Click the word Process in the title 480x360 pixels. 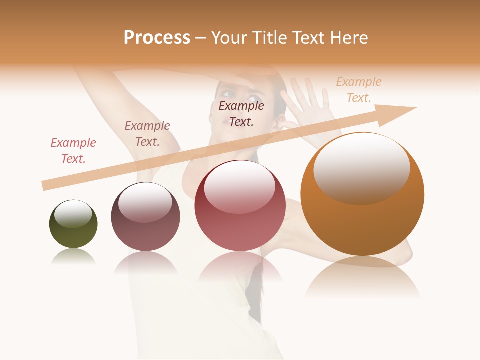click(x=157, y=38)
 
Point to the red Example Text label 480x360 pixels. click(x=73, y=151)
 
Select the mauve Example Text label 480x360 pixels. click(x=147, y=134)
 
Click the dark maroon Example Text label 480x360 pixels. click(x=241, y=114)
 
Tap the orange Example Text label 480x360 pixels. click(x=359, y=90)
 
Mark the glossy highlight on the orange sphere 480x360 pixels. click(x=362, y=167)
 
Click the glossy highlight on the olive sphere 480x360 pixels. click(x=73, y=214)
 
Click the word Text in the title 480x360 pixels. click(x=306, y=38)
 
